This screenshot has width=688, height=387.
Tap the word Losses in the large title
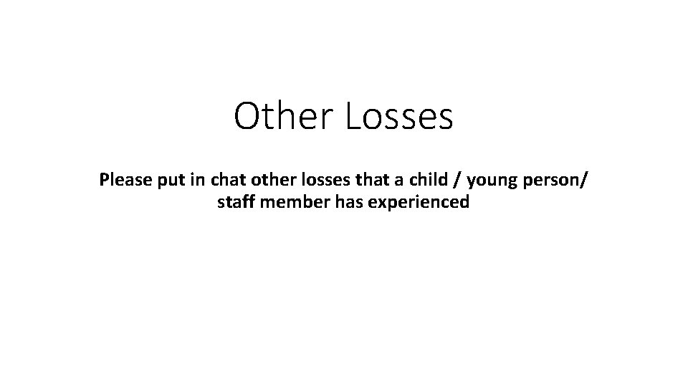click(398, 117)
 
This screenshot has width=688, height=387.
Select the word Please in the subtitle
click(123, 179)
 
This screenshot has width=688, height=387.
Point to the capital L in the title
click(353, 117)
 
